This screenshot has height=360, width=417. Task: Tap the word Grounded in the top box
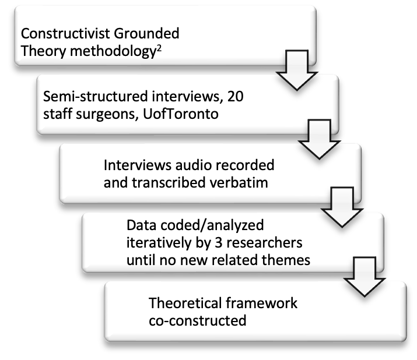146,33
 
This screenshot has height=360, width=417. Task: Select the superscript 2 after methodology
159,49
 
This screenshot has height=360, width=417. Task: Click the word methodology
113,51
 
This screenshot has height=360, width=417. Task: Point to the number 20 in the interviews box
236,96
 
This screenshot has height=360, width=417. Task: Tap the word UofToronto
181,114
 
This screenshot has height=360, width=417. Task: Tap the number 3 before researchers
218,243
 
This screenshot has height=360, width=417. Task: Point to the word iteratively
159,243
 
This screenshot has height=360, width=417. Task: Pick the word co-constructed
198,320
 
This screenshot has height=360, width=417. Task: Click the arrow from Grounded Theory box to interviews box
297,70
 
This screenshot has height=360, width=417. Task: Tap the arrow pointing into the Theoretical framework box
365,277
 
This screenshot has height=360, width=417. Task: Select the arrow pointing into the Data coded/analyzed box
342,207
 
